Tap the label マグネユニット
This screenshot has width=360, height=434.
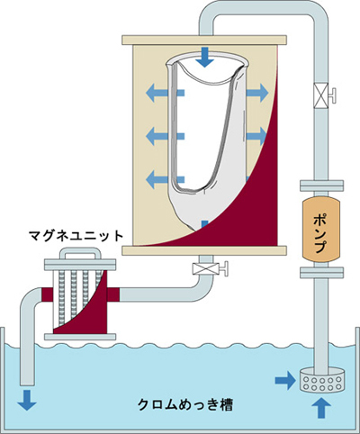(76, 236)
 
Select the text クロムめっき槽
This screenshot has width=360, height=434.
(184, 405)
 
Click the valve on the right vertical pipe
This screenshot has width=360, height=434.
(324, 95)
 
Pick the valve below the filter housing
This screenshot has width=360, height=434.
(210, 268)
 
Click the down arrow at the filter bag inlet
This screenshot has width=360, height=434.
(205, 58)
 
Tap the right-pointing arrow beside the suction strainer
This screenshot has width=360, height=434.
(283, 381)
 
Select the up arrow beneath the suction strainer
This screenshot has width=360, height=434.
(321, 408)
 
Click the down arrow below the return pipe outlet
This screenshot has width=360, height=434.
(27, 400)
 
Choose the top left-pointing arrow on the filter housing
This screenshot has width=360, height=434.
(165, 93)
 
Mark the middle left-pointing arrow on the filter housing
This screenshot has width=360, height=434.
(165, 136)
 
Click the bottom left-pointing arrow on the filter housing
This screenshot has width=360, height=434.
(165, 179)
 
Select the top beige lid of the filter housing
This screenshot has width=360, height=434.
(204, 41)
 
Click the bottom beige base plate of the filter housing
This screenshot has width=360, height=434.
(204, 250)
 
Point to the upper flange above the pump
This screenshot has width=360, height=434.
(321, 185)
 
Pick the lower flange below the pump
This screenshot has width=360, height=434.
(321, 273)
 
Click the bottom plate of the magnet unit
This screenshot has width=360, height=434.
(80, 337)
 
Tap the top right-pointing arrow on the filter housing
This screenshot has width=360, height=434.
(257, 93)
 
